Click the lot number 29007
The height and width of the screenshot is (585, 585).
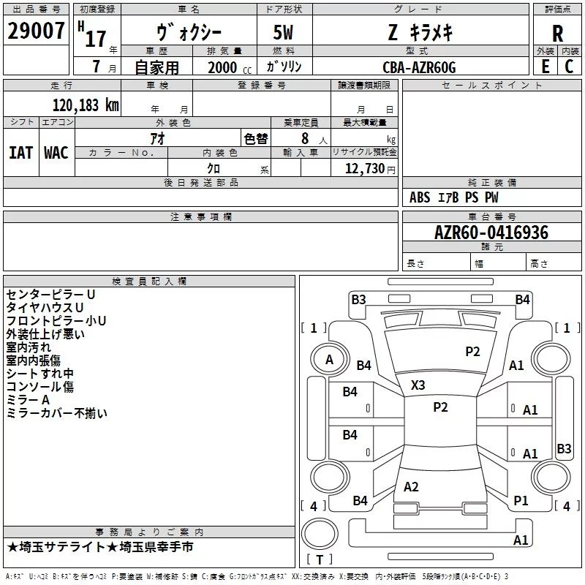[36, 31]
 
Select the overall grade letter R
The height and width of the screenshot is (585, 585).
[557, 34]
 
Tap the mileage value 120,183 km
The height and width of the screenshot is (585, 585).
[86, 105]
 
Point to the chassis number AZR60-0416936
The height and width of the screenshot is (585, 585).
[491, 233]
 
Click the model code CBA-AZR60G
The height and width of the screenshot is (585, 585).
[419, 67]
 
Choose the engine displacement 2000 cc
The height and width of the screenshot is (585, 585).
[224, 67]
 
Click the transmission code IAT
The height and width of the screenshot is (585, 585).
[20, 152]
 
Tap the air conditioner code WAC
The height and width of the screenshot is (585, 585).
[56, 152]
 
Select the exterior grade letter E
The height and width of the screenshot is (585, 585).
[545, 67]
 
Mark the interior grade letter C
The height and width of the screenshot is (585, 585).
[570, 67]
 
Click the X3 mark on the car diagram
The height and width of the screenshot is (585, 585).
[418, 385]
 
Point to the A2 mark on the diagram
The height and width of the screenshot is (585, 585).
[411, 486]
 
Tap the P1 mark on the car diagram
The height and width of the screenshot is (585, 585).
[521, 500]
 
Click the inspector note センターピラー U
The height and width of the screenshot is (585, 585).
[51, 294]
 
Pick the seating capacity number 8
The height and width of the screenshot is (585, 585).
[303, 137]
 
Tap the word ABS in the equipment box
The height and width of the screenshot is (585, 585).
[420, 197]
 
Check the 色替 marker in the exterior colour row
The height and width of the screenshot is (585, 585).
[256, 138]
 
